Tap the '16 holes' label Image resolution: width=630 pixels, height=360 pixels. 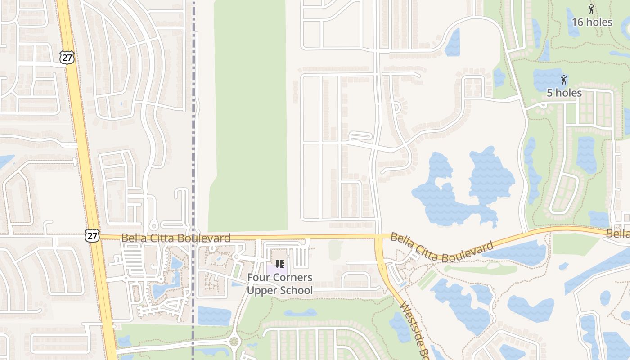click(592, 22)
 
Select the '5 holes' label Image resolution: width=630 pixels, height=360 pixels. click(564, 93)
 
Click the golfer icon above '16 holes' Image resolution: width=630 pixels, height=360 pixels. click(591, 9)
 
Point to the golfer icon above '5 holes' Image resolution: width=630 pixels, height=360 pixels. click(563, 80)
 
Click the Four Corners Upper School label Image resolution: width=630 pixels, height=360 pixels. click(279, 284)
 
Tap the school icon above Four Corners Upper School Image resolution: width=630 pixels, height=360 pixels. click(279, 264)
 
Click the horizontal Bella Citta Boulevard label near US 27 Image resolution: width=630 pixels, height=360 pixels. click(176, 238)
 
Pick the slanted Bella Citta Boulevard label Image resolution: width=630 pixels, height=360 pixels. click(442, 247)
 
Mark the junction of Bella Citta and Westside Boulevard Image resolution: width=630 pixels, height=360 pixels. click(378, 237)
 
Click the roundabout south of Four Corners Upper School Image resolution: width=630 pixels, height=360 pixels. click(234, 342)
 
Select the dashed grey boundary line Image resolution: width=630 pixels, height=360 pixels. click(194, 135)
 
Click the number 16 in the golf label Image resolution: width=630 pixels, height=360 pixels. click(578, 22)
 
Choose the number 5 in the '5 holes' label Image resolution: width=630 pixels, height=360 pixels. click(550, 93)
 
